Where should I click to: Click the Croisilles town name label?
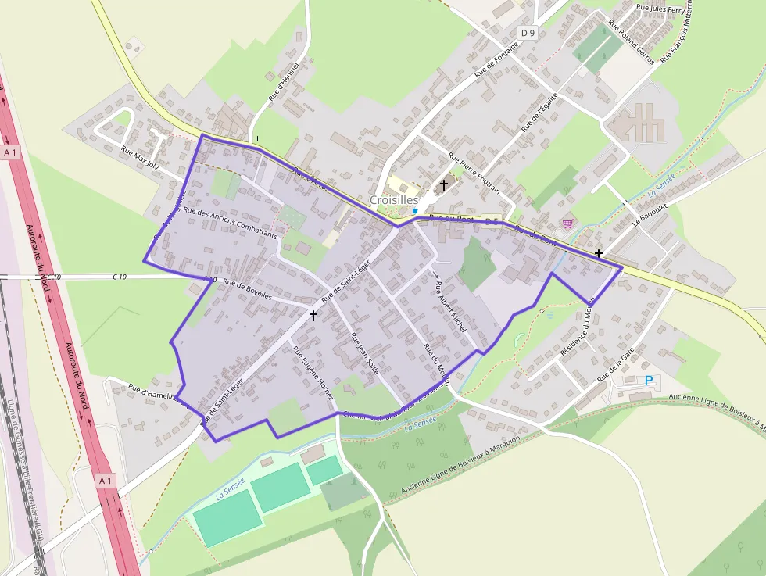(394, 200)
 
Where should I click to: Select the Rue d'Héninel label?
(284, 81)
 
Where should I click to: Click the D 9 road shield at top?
(529, 33)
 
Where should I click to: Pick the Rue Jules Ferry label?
(660, 9)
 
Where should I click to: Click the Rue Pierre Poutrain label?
(474, 171)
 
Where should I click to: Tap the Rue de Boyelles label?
(247, 288)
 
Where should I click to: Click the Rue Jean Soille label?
(365, 354)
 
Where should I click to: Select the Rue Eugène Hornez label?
(312, 372)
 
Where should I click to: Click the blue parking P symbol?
(648, 381)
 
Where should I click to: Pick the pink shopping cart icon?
(567, 224)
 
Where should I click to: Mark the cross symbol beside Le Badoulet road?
(598, 253)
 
